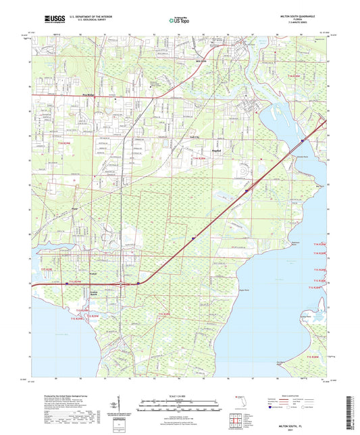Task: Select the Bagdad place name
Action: (216, 149)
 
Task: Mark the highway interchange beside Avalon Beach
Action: (123, 284)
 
